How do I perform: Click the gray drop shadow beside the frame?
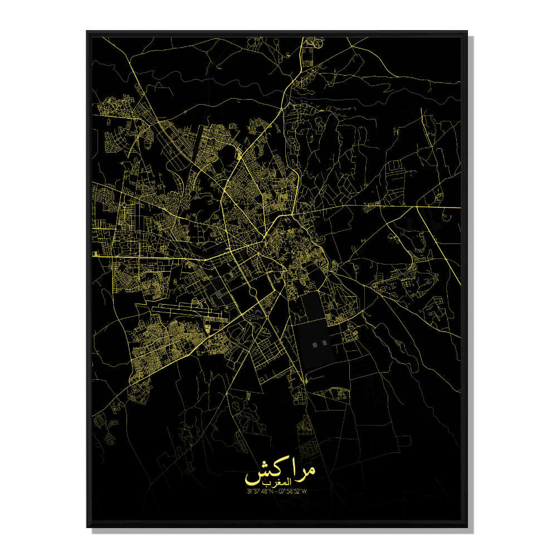[471, 278]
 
